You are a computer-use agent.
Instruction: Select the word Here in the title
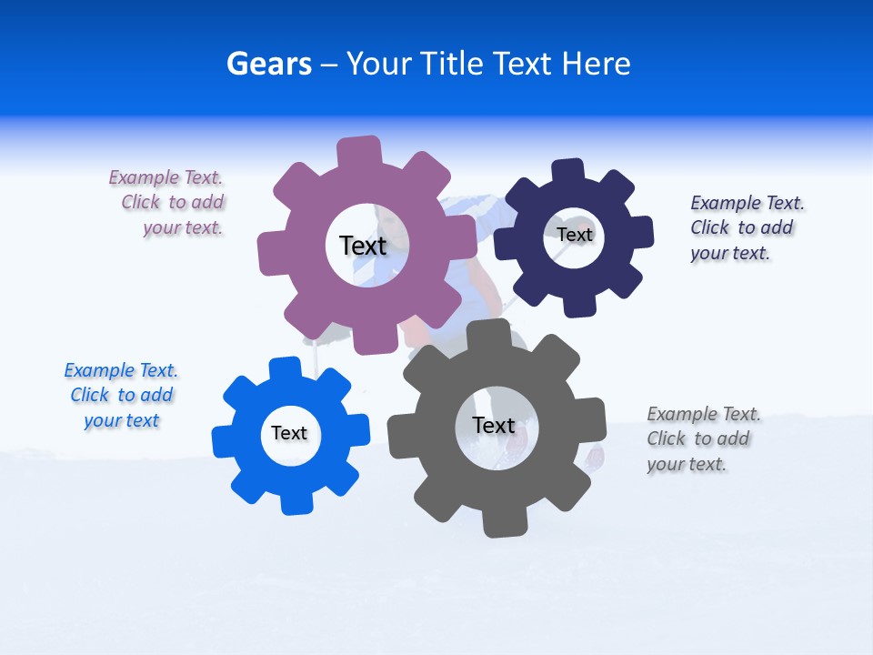pos(596,64)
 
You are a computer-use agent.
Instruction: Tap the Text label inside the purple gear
pos(363,246)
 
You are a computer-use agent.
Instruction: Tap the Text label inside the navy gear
pos(575,235)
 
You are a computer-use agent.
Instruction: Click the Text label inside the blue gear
pos(289,433)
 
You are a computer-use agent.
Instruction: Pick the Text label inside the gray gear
pos(494,425)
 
